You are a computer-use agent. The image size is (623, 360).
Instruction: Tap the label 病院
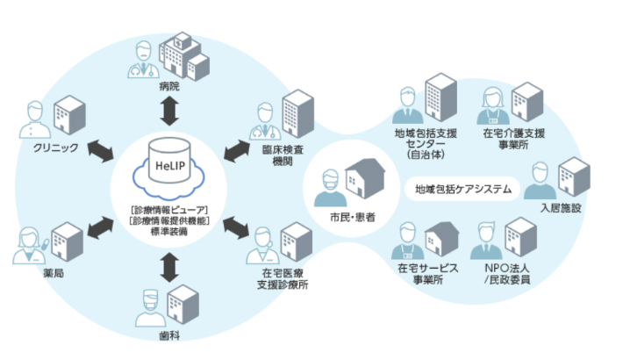coord(168,88)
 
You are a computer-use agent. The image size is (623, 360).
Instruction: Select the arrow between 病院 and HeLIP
coord(168,112)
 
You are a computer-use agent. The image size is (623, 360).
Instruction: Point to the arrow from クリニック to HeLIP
coord(99,150)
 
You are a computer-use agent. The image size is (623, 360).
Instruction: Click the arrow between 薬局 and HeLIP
coord(99,230)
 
